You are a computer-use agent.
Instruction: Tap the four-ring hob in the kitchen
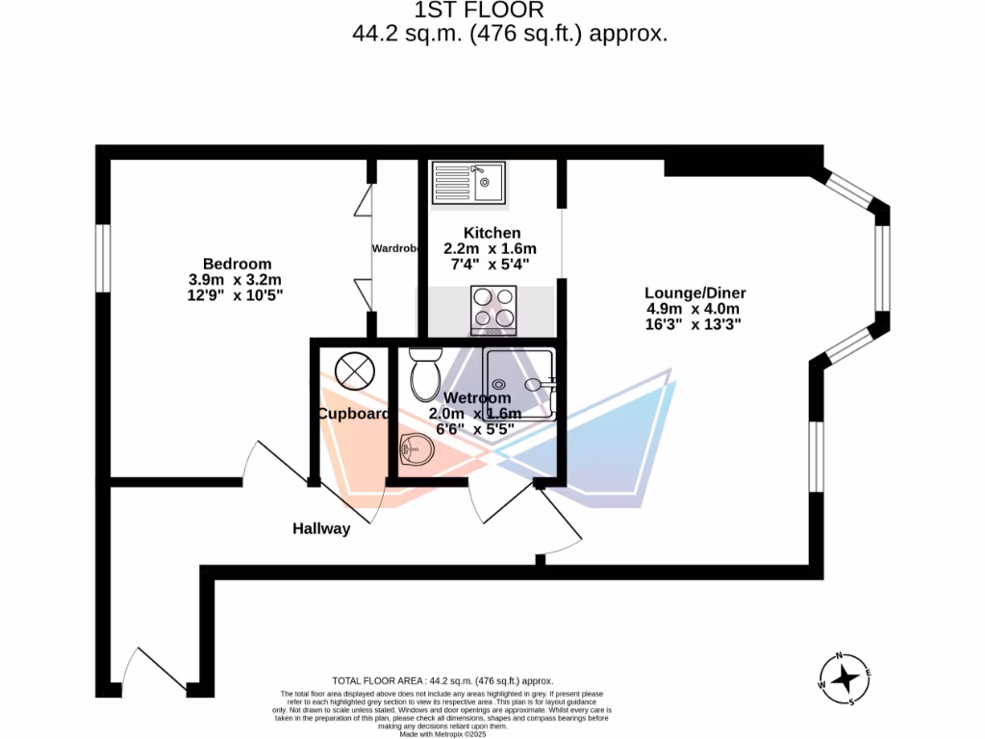(x=492, y=310)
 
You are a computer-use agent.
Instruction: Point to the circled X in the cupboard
(x=353, y=370)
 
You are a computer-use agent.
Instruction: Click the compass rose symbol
(x=846, y=679)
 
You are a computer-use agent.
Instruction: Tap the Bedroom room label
(x=237, y=264)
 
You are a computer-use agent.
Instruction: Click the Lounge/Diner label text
(x=695, y=293)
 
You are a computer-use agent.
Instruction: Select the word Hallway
(x=321, y=528)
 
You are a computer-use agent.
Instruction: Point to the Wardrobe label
(x=394, y=248)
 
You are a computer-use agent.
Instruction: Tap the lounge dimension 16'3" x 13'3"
(x=695, y=325)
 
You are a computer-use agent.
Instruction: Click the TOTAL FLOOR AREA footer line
(x=442, y=680)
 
